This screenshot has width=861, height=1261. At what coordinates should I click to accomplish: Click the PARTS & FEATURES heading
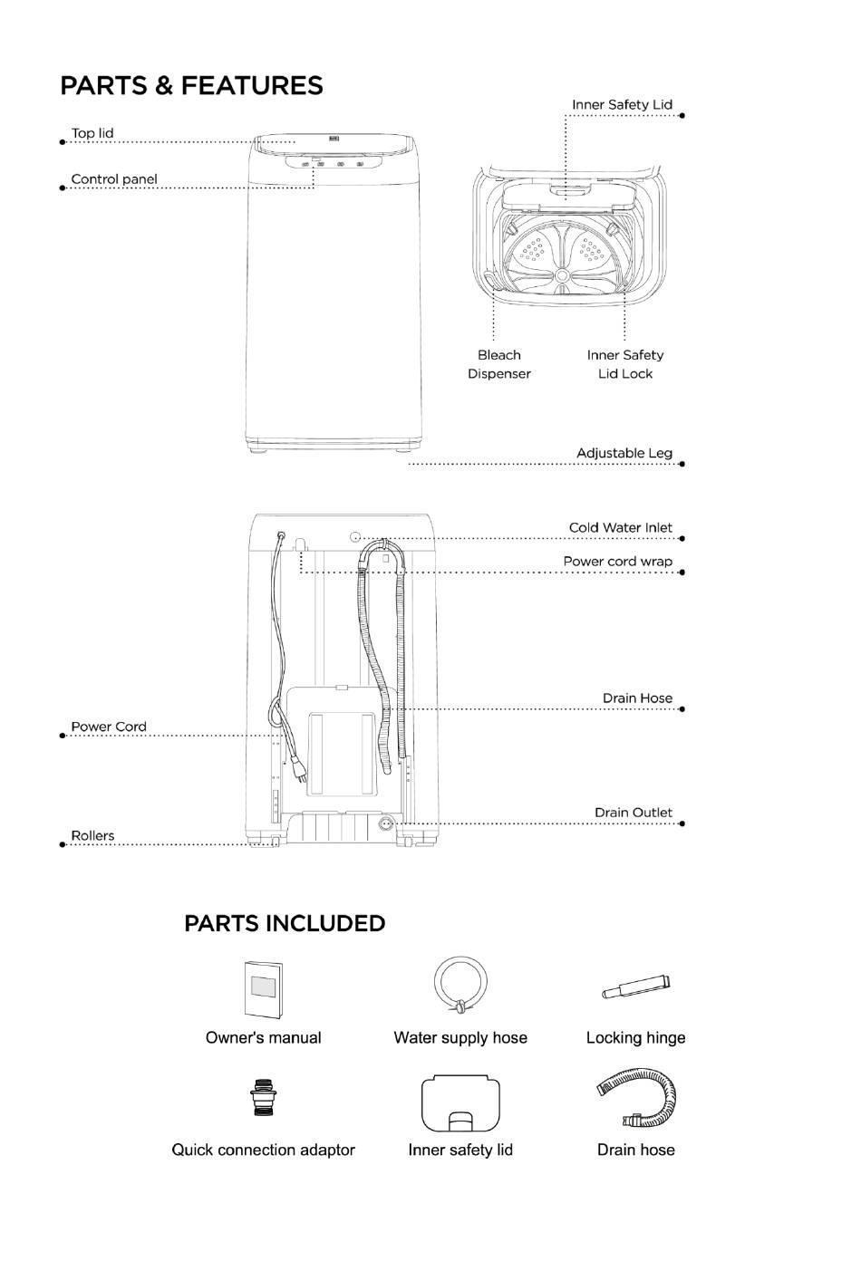click(x=191, y=86)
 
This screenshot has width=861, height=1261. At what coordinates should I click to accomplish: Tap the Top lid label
click(x=92, y=133)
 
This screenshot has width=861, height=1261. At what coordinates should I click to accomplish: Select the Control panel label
click(x=114, y=179)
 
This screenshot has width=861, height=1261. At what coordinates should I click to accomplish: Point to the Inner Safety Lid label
click(x=622, y=105)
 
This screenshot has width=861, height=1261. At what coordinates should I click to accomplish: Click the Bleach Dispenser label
click(x=499, y=364)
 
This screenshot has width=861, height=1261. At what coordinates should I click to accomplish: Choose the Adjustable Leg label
click(x=624, y=453)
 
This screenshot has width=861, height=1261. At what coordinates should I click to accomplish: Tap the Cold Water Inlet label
click(x=621, y=527)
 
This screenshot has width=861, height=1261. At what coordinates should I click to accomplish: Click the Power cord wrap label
click(x=618, y=562)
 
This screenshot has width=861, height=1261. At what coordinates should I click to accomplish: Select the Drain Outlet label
click(x=634, y=813)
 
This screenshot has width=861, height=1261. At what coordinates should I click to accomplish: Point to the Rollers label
click(x=93, y=835)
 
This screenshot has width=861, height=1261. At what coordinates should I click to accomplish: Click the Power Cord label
click(x=109, y=727)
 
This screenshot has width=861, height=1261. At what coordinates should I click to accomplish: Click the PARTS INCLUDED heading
click(x=285, y=923)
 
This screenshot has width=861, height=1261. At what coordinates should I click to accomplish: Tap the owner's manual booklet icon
click(x=263, y=988)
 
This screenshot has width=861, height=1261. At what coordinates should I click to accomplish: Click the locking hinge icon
click(x=635, y=987)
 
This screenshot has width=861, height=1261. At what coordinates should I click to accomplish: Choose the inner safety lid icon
click(x=460, y=1103)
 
